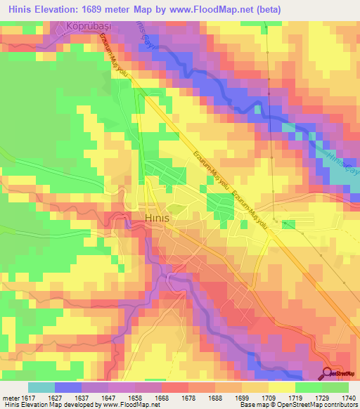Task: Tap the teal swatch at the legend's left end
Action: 41,387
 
